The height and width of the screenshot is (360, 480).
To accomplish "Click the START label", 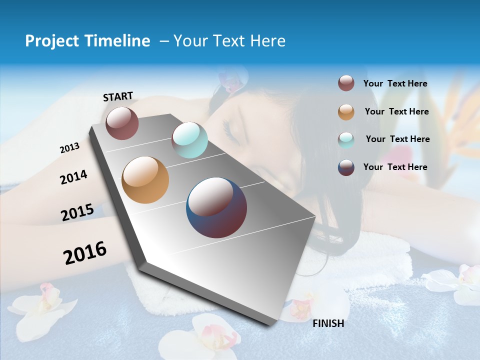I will tap(118, 96).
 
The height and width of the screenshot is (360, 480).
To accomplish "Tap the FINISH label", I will tap(328, 323).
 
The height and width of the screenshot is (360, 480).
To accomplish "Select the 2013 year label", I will tap(69, 148).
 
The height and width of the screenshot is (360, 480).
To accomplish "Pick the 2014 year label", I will tap(73, 177).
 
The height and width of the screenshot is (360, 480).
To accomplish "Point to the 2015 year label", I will tap(77, 212).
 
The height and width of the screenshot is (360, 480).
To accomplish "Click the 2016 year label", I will tap(85, 252).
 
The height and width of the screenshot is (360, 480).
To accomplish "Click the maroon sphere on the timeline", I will tap(122, 123).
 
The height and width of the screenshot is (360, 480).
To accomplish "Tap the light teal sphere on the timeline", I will tap(189, 140).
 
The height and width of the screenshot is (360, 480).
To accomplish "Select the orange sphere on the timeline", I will tap(145, 180).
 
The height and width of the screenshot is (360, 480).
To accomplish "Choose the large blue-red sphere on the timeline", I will tap(216, 207).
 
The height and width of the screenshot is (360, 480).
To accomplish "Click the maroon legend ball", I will tap(346, 83).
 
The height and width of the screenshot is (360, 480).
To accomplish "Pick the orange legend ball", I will tap(346, 112).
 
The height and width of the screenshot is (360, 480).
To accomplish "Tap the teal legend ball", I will tap(346, 139).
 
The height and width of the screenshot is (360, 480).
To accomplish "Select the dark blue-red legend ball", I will tap(346, 167).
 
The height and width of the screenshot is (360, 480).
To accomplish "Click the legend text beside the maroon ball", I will tap(395, 83).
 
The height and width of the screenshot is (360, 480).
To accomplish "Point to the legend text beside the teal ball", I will tap(397, 139).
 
